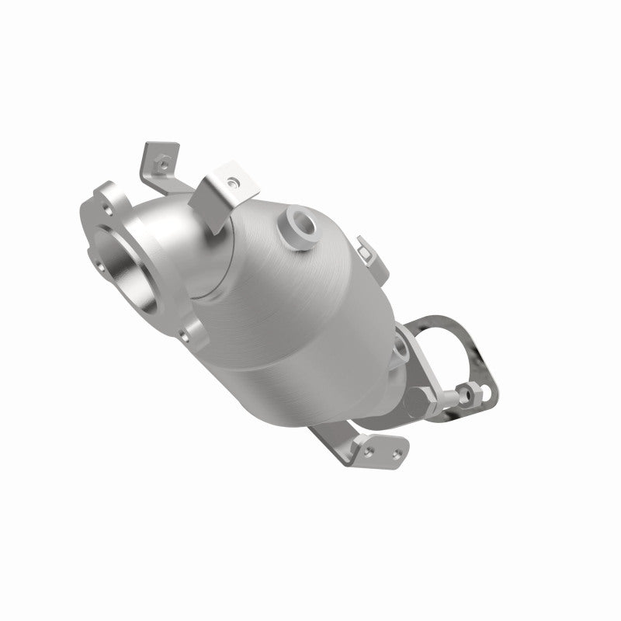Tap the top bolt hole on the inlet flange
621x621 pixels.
coord(107,191)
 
